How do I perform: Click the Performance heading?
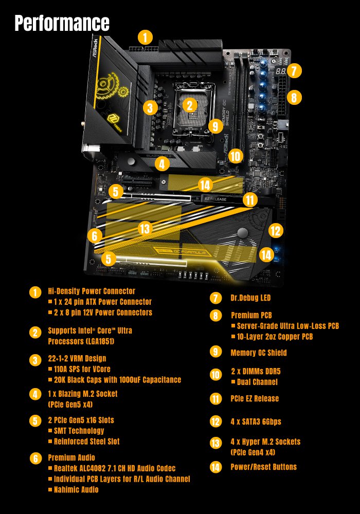click(62, 23)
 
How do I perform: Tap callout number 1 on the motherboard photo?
click(146, 37)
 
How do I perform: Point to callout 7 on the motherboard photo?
click(293, 70)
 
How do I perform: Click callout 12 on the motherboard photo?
click(276, 231)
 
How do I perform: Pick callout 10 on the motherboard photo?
click(235, 156)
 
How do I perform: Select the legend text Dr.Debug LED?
click(250, 298)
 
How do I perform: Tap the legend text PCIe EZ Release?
click(255, 398)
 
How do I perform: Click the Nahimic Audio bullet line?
click(76, 490)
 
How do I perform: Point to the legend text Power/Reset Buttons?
click(263, 467)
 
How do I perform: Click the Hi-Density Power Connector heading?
click(92, 291)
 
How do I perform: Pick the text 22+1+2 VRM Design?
click(77, 358)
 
